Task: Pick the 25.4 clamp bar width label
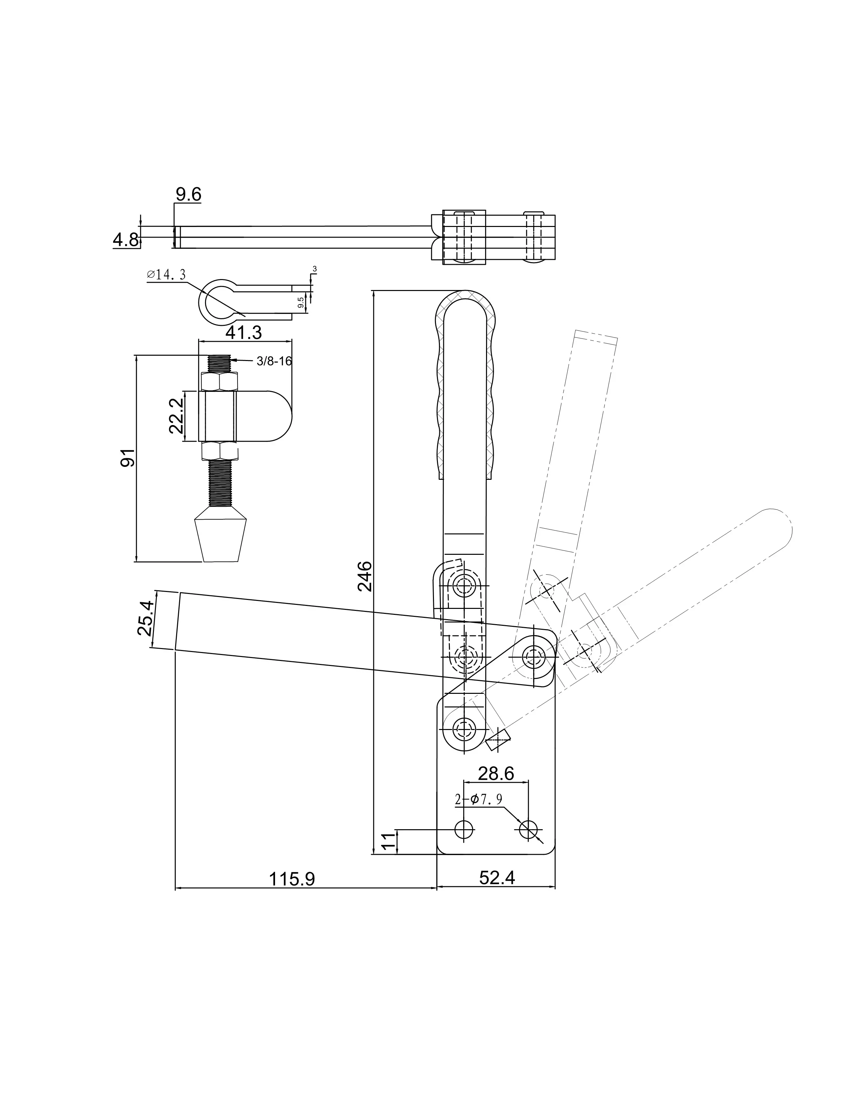145,618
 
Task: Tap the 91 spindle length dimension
127,458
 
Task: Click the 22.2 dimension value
176,416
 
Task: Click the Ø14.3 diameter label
167,274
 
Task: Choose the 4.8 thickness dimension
126,240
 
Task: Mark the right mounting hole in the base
528,829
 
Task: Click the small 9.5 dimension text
300,302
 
